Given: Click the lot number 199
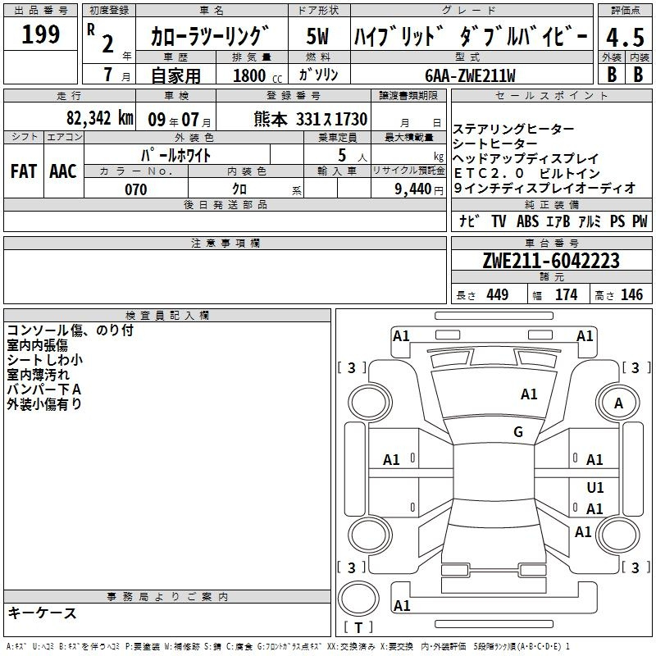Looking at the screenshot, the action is (40, 34).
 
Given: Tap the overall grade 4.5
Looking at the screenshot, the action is (625, 38).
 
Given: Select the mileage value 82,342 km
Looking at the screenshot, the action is (99, 118).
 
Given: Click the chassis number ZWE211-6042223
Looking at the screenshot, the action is (551, 261).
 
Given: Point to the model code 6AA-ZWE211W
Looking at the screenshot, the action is (470, 75).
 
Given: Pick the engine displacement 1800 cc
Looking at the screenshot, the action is (257, 75).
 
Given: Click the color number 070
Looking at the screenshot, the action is (136, 189).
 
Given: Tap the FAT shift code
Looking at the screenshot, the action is (24, 171).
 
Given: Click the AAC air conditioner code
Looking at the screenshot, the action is (63, 171).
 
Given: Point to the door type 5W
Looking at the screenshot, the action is (317, 36).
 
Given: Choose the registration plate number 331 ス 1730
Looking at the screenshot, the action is (332, 120).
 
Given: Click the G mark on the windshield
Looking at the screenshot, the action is (518, 432).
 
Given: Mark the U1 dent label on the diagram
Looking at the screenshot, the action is (595, 488).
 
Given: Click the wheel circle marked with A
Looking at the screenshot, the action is (618, 403).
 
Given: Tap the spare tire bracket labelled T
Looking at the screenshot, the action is (358, 627).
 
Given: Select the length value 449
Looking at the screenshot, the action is (498, 295).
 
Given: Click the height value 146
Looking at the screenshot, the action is (631, 295).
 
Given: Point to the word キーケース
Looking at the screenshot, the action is (43, 613).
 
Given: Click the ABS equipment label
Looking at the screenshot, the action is (527, 221).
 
